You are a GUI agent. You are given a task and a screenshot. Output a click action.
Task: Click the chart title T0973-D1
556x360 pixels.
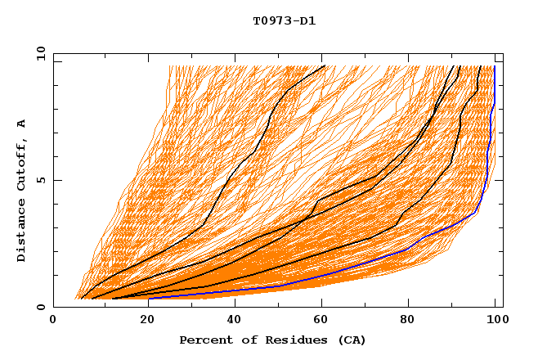point(284,20)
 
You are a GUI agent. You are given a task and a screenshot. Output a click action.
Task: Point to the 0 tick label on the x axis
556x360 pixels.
point(54,321)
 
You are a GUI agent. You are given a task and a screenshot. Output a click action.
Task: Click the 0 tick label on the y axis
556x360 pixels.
point(41,308)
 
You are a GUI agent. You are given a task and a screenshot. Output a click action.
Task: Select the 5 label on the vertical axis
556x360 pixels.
point(41,180)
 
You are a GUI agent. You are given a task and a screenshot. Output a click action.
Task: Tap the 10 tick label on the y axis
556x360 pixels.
point(38,53)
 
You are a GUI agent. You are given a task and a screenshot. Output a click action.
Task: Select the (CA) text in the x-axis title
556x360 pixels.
point(351,340)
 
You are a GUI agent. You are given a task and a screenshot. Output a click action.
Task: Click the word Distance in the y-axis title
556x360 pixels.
point(22,231)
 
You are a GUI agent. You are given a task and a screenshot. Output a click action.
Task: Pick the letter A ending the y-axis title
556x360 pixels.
point(22,123)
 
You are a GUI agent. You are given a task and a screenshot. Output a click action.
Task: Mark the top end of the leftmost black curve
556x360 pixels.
point(325,65)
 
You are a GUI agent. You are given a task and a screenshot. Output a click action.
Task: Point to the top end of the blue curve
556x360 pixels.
point(495,66)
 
